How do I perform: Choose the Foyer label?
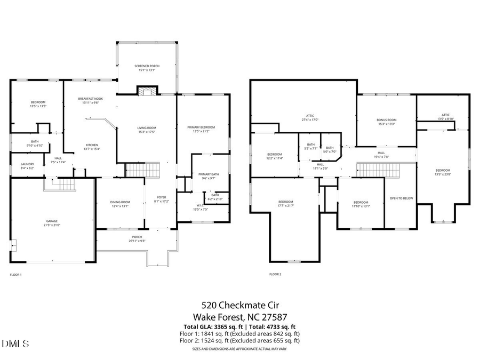click(161, 199)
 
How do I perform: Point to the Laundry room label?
click(27, 166)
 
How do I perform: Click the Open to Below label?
click(401, 198)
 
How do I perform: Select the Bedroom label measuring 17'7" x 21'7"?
click(286, 204)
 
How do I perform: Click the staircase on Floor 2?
click(371, 171)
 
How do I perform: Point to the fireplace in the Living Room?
click(145, 91)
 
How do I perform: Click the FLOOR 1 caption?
click(16, 275)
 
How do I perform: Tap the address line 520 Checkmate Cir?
click(239, 306)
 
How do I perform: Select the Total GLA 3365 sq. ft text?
click(210, 326)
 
